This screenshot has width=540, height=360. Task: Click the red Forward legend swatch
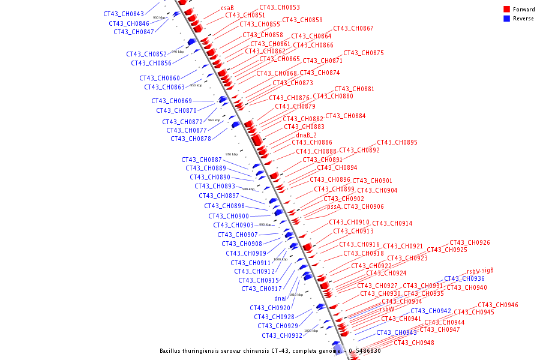click(506, 9)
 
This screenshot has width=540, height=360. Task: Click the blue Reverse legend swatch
click(506, 19)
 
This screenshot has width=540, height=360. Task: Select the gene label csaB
click(227, 8)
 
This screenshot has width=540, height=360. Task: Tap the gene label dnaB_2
click(306, 135)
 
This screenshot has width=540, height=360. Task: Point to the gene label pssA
click(334, 206)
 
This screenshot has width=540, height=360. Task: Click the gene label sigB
click(488, 270)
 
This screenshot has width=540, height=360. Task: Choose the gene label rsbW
click(386, 309)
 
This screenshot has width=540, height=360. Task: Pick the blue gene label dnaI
click(281, 298)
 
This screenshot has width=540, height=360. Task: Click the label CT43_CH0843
click(124, 14)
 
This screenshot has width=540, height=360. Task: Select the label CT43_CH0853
click(280, 7)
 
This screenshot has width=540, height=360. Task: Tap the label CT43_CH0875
click(364, 53)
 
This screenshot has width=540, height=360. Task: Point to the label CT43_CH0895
click(397, 142)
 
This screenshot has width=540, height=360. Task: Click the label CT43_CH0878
click(191, 139)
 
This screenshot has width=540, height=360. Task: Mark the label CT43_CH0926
click(470, 242)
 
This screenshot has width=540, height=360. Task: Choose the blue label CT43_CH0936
click(464, 278)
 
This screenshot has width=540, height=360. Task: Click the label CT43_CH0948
click(414, 343)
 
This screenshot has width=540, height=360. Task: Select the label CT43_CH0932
click(282, 335)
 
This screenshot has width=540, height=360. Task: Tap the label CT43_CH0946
click(498, 305)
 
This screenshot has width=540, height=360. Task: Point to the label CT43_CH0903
click(233, 225)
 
